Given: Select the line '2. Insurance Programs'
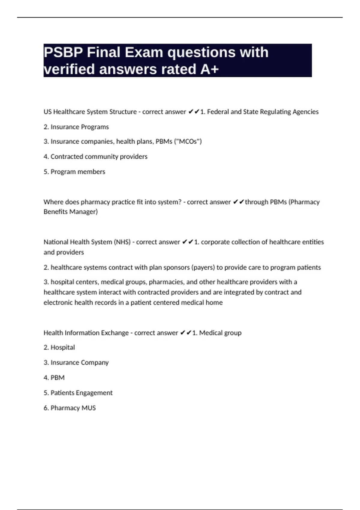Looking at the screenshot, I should pyautogui.click(x=76, y=127).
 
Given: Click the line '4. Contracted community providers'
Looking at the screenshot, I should pyautogui.click(x=95, y=157).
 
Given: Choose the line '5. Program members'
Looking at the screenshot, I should pyautogui.click(x=74, y=172).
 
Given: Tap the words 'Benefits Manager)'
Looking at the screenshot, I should pyautogui.click(x=70, y=212).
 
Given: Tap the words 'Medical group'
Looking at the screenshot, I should pyautogui.click(x=220, y=333).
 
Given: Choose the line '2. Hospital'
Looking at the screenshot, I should pyautogui.click(x=59, y=347).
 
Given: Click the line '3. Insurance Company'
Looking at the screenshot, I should pyautogui.click(x=76, y=363).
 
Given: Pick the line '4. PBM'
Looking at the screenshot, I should pyautogui.click(x=54, y=378).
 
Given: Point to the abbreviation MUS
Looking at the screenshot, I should pyautogui.click(x=88, y=408).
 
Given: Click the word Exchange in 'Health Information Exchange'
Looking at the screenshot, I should pyautogui.click(x=115, y=333).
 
